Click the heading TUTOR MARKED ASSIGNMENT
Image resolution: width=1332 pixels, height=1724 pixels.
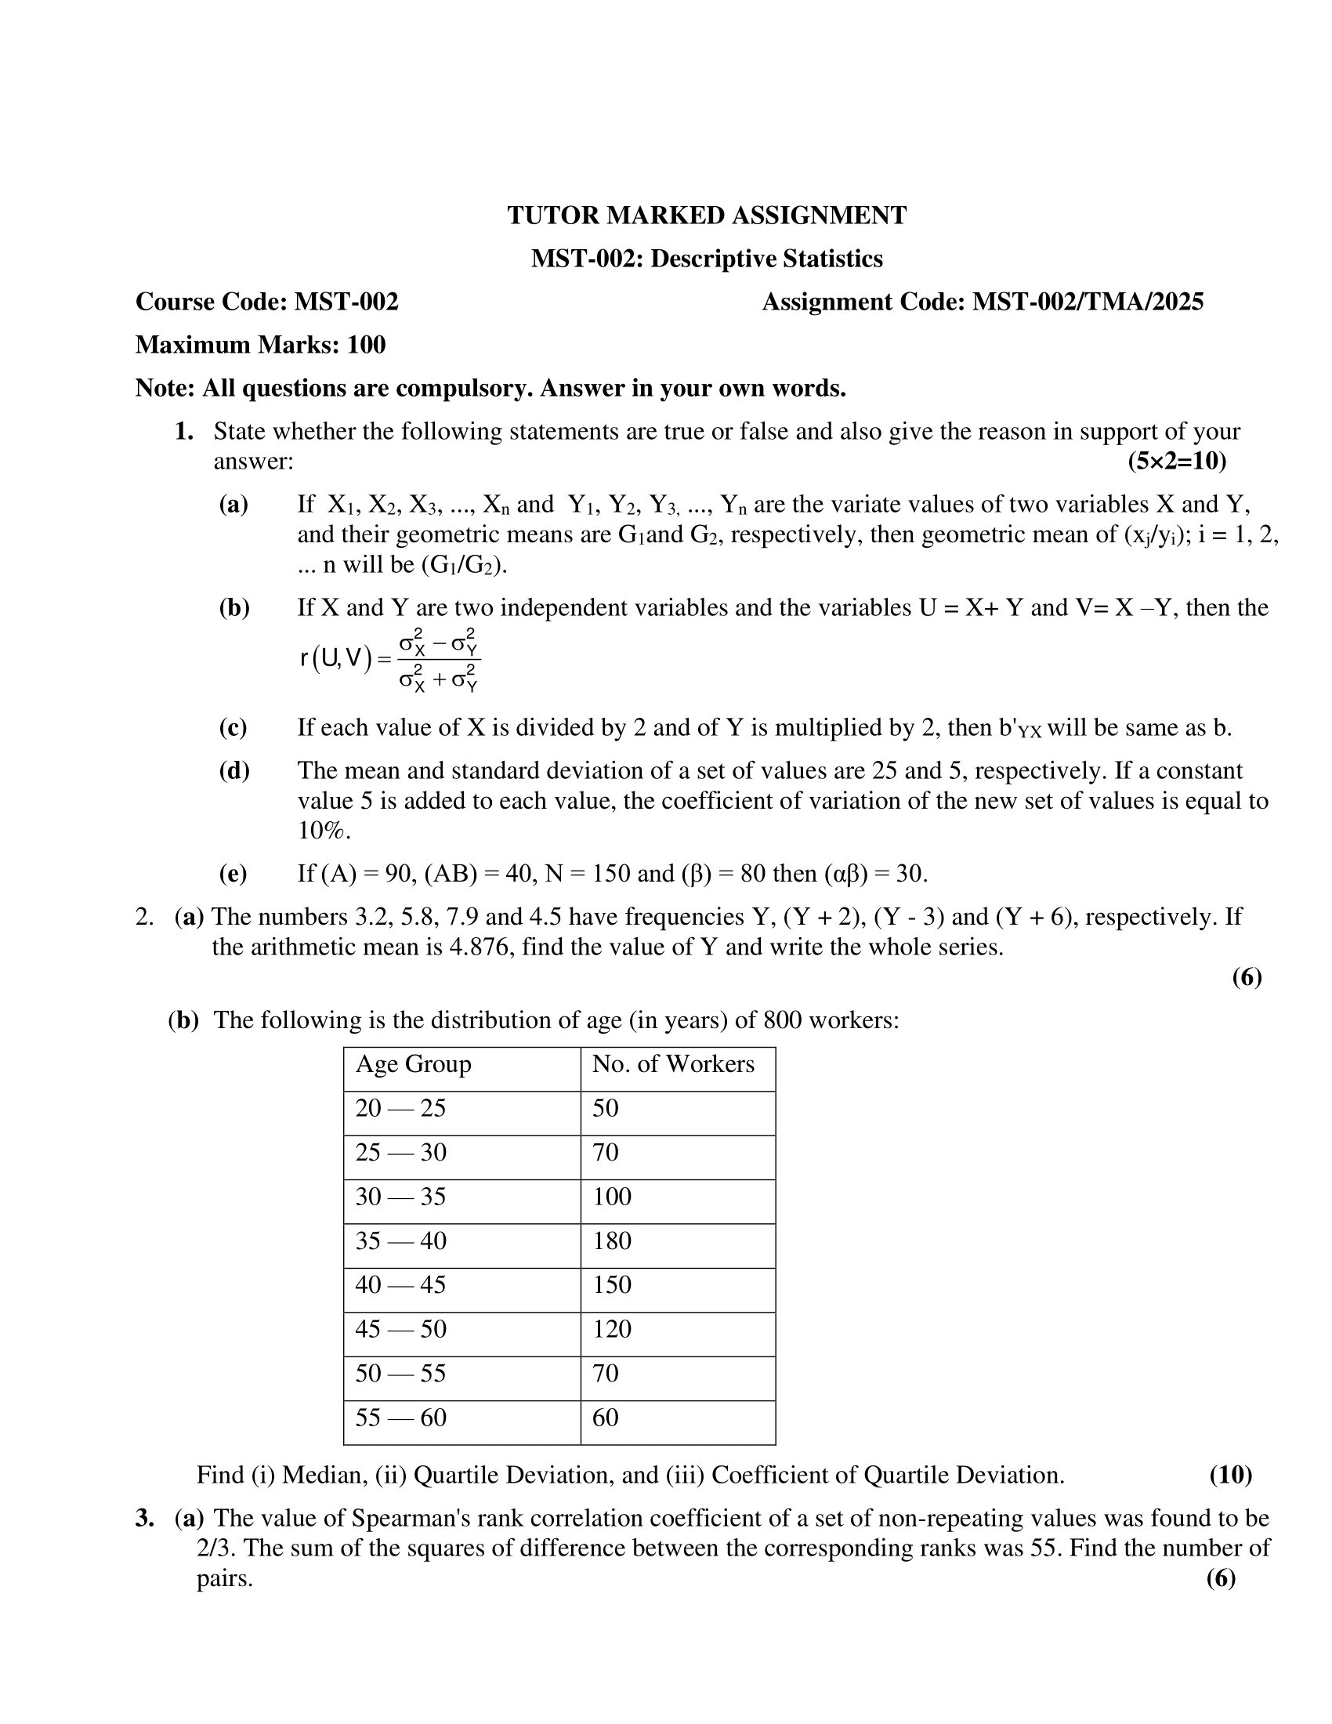[706, 215]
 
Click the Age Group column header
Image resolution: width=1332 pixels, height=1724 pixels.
[414, 1064]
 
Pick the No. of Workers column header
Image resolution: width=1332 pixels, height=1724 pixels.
[673, 1064]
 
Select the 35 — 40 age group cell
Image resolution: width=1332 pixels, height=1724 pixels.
[401, 1241]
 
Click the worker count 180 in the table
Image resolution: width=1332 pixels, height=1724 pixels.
[612, 1241]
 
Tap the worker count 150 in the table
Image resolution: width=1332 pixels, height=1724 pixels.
[612, 1285]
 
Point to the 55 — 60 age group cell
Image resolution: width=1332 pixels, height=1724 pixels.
[401, 1418]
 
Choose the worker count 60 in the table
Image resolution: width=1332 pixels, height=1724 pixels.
[605, 1418]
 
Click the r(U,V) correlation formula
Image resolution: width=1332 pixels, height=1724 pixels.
[390, 658]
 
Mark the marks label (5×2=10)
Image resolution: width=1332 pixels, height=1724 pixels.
[1177, 461]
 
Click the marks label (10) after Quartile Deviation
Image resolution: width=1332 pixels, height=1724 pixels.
[1230, 1475]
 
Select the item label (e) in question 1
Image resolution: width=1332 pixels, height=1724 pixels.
[233, 873]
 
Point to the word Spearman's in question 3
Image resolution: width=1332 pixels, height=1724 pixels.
[411, 1518]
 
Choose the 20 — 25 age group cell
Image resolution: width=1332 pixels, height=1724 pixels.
[401, 1108]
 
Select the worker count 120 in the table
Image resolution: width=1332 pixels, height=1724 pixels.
[612, 1329]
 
